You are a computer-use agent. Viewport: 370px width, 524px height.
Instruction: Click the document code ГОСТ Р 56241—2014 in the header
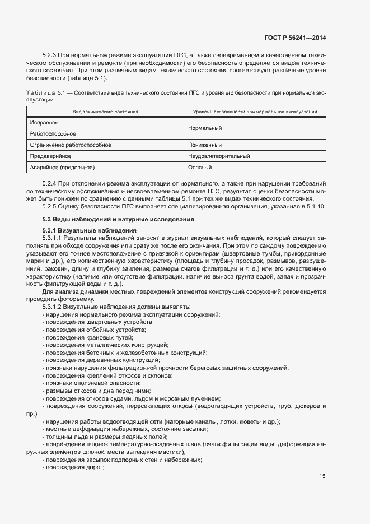[295, 38]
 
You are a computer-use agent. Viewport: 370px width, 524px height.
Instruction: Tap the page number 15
[322, 477]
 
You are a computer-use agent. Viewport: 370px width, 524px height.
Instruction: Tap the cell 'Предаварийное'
[50, 156]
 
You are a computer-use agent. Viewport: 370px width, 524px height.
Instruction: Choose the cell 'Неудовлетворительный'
[219, 156]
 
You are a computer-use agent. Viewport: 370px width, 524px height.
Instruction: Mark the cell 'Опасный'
[200, 167]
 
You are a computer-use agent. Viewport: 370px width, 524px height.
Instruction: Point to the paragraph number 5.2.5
[50, 207]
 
